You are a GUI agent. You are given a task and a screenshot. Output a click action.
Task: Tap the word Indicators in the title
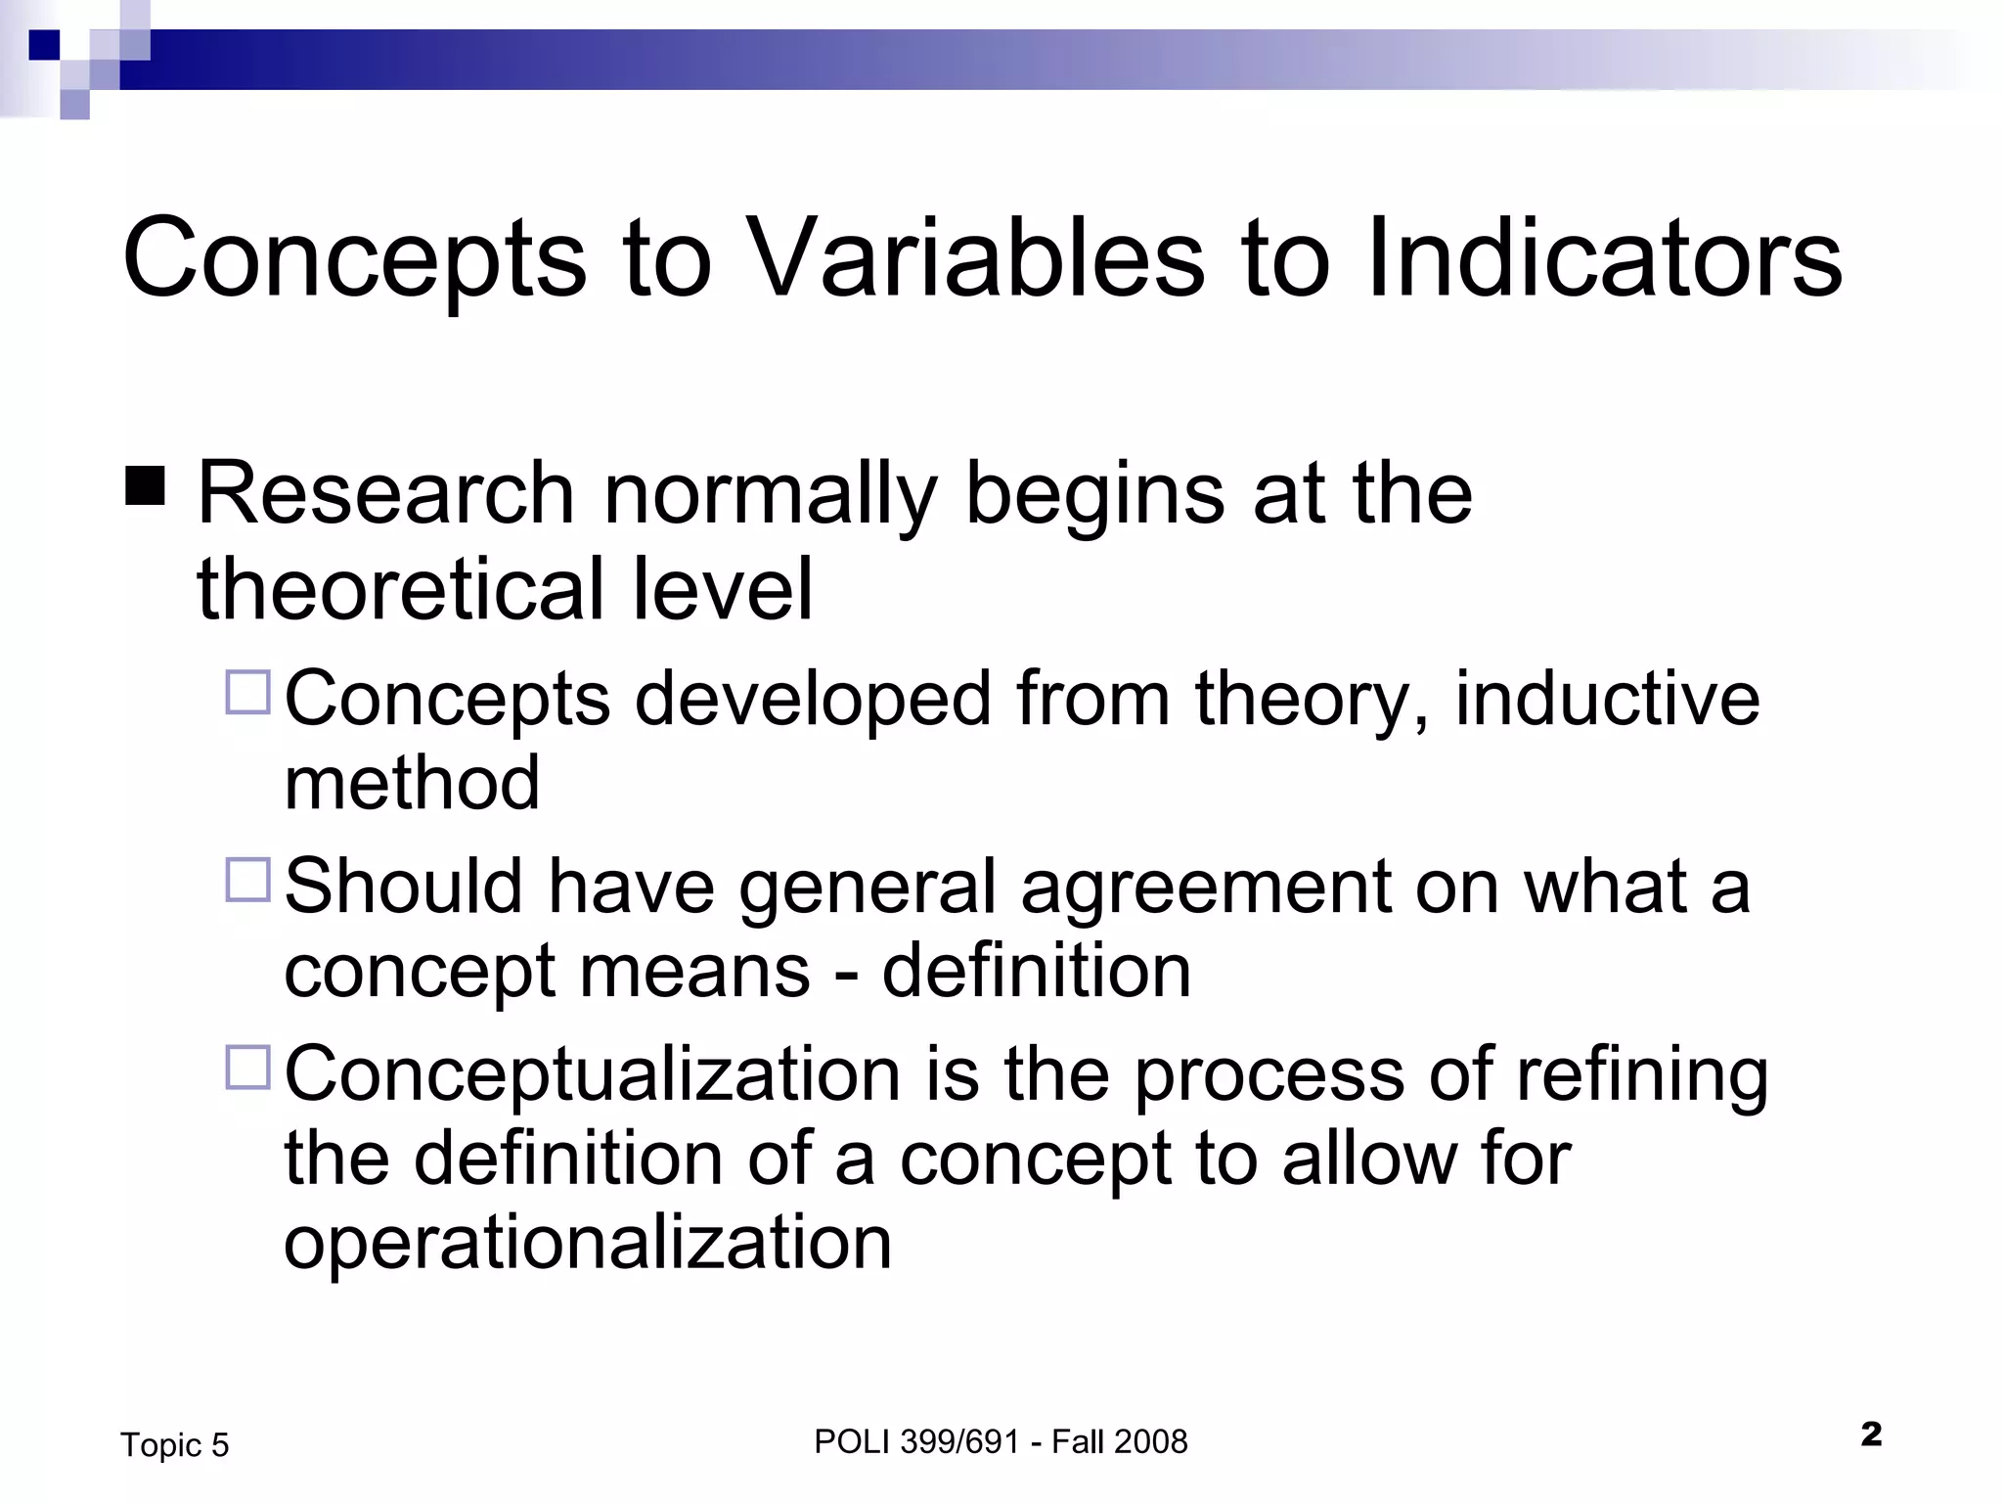coord(1603,259)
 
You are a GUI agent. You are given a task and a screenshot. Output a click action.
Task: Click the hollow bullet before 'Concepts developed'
coord(247,693)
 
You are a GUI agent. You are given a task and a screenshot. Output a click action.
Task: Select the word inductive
coord(1607,699)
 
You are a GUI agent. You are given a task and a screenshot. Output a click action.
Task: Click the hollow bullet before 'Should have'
coord(247,880)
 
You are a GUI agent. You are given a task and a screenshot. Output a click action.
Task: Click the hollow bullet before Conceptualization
coord(247,1068)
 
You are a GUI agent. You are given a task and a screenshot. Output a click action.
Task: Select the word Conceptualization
coord(592,1075)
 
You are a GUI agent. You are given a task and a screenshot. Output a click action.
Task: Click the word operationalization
coord(588,1243)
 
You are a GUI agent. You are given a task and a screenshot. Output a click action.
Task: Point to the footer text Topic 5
coord(174,1445)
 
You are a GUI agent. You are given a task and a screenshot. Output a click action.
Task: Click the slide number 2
coord(1871,1435)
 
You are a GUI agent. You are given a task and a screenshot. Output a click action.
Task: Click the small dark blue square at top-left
coord(44,45)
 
